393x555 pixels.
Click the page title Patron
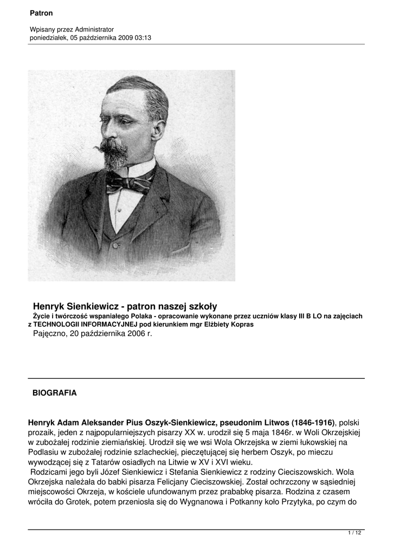pyautogui.click(x=41, y=12)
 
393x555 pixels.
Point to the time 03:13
pyautogui.click(x=142, y=37)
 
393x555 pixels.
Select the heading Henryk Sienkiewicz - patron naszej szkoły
pyautogui.click(x=125, y=306)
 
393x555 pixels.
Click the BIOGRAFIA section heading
pyautogui.click(x=55, y=393)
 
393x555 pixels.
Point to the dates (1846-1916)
pyautogui.click(x=313, y=422)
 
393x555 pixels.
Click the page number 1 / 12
pyautogui.click(x=355, y=534)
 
